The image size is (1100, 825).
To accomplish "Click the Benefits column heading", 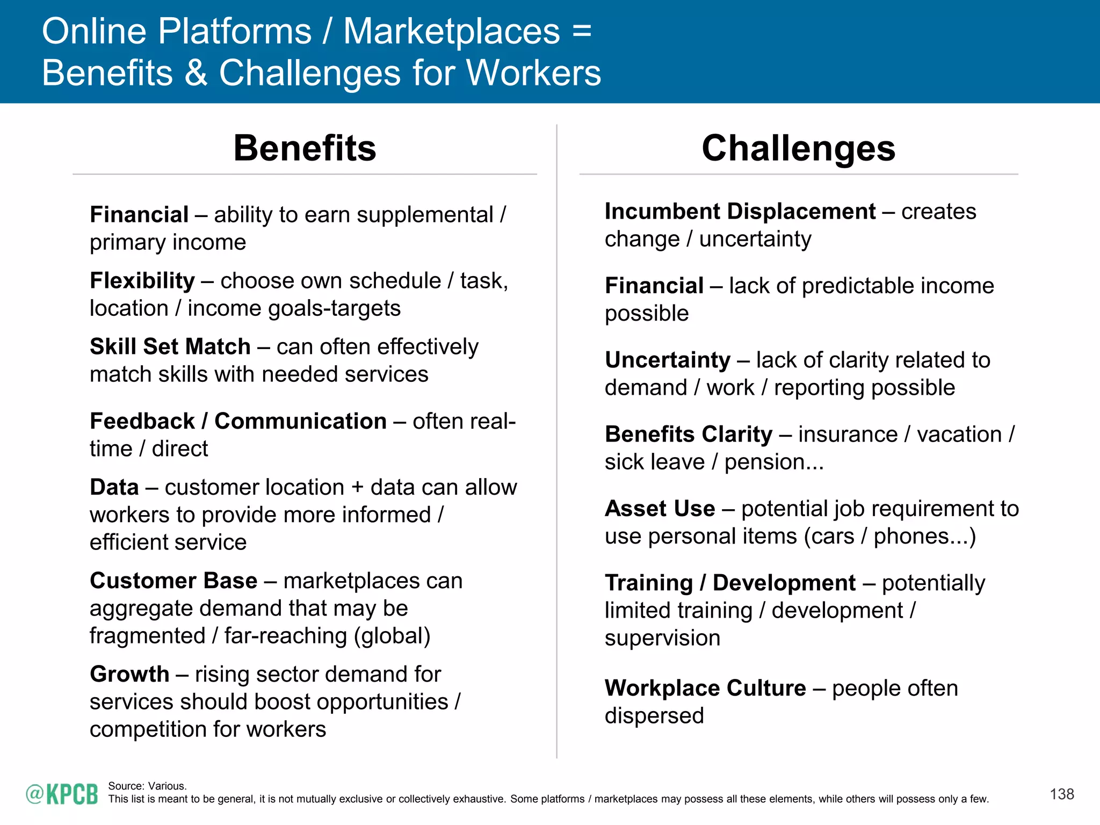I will tap(305, 148).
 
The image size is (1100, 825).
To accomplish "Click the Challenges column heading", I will tap(798, 148).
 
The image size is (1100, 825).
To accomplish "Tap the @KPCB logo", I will tap(62, 794).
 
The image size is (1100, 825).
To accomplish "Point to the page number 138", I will tap(1061, 794).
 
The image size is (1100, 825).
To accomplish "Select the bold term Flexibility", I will tap(142, 281).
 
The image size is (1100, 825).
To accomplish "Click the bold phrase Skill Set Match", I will tap(170, 346).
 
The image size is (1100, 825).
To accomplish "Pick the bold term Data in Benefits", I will tap(114, 487).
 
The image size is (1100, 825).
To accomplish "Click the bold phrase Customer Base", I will tap(173, 581).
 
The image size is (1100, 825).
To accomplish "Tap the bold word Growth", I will tap(129, 674).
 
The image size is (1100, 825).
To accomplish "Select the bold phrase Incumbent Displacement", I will tap(740, 212).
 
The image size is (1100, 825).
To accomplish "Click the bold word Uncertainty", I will tap(667, 360).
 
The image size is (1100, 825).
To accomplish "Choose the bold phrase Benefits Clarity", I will tap(688, 434).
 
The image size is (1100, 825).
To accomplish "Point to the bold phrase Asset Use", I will tap(660, 508).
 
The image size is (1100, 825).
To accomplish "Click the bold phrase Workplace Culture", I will tap(705, 688).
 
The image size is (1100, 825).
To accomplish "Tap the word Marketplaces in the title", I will tap(451, 31).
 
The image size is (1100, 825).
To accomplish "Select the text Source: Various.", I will tap(147, 786).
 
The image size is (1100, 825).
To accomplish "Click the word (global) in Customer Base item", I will tap(392, 636).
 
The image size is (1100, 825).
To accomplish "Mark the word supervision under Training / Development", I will tap(662, 638).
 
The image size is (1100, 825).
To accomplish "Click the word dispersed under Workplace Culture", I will tap(654, 716).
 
